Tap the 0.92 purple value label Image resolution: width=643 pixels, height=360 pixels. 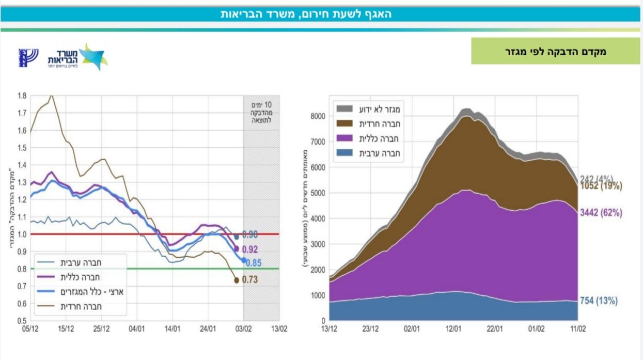[x=250, y=249]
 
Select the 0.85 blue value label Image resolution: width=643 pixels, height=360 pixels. [x=253, y=263]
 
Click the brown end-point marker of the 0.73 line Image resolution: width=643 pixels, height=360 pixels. [x=237, y=280]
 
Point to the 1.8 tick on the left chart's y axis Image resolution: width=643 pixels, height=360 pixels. [x=22, y=96]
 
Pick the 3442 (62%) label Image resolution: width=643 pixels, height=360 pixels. [x=601, y=212]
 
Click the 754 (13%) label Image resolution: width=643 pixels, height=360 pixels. [x=599, y=301]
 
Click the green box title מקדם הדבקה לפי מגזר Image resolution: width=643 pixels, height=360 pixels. [x=555, y=51]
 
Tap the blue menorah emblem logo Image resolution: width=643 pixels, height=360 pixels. [x=28, y=57]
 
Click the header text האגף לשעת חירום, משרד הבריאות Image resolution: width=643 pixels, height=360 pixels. [x=306, y=14]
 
